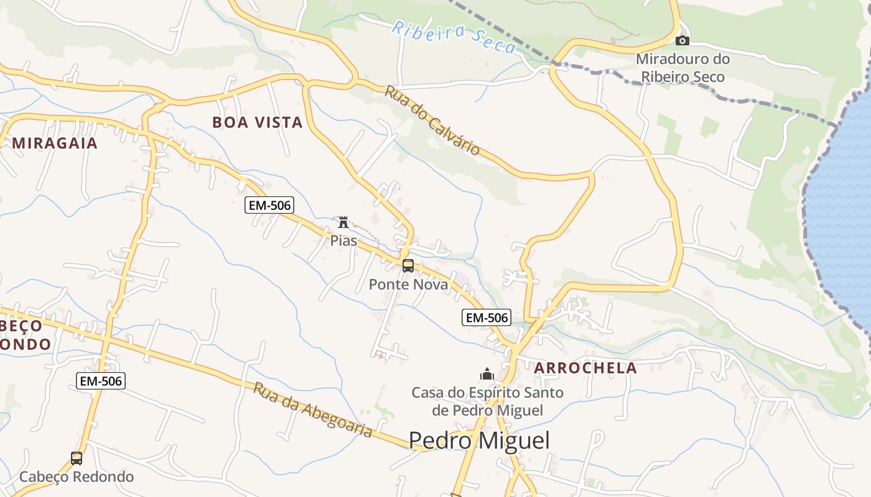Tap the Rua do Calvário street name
432,120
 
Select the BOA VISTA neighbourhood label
258,122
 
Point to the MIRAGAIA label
55,143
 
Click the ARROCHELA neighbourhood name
585,368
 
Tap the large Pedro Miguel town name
479,440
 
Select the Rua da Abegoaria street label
313,409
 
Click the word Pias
343,240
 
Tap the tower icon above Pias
343,222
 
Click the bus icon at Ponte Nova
408,266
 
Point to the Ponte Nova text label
408,285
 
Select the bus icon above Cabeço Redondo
77,458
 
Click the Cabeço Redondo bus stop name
77,477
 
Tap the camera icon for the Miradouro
682,41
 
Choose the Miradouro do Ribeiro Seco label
682,68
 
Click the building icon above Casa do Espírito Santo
487,374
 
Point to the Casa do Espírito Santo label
487,401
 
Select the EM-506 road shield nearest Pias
269,205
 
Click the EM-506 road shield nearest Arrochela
487,317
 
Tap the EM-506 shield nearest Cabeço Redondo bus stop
101,381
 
